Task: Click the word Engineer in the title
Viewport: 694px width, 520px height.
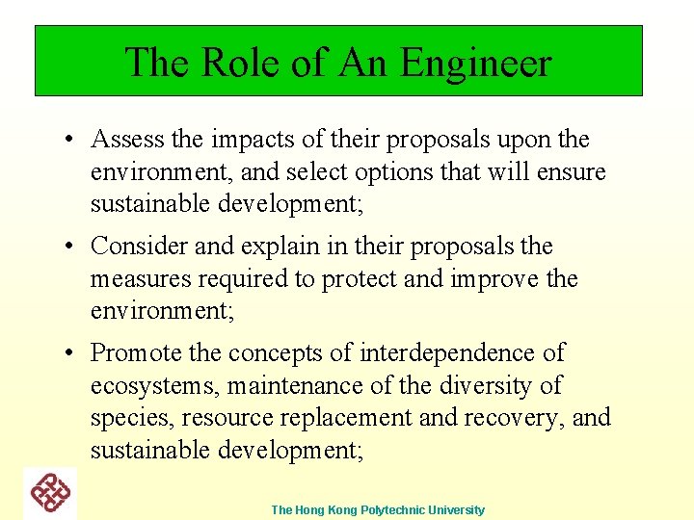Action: click(x=476, y=64)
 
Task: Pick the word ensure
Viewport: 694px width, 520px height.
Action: click(x=569, y=172)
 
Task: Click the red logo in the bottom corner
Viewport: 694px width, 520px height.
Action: click(x=50, y=494)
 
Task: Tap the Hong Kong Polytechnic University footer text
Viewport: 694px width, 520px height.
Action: click(x=378, y=509)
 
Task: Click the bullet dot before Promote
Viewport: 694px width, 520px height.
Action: click(x=71, y=353)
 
